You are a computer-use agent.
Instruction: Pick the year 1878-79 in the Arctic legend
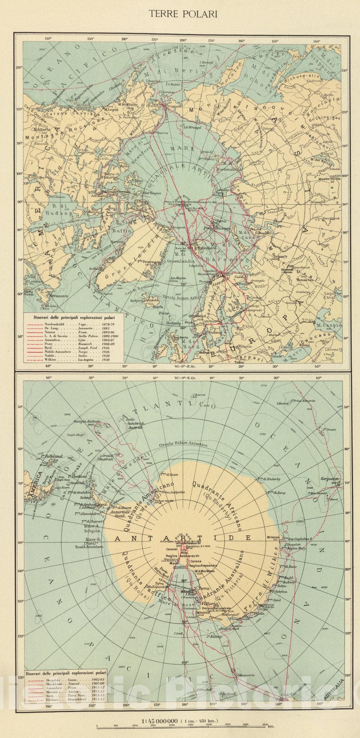112,324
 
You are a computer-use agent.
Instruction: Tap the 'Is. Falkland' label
51,456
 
